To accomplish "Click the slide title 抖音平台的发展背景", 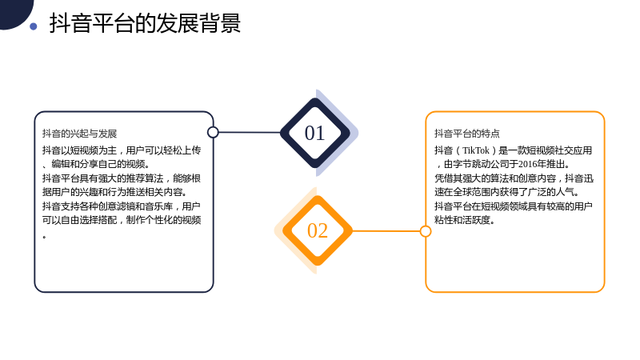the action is pyautogui.click(x=145, y=23).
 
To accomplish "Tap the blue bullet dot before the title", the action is pyautogui.click(x=34, y=26).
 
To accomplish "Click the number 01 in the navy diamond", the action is pyautogui.click(x=314, y=133).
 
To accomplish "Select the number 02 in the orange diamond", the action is pyautogui.click(x=317, y=230).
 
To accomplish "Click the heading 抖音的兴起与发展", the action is pyautogui.click(x=79, y=134).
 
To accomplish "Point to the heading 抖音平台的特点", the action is pyautogui.click(x=467, y=134).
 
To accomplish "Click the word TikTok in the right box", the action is pyautogui.click(x=475, y=150).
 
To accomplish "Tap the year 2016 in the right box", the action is pyautogui.click(x=527, y=164).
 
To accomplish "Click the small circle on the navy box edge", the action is pyautogui.click(x=213, y=132).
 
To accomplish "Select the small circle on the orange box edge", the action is pyautogui.click(x=426, y=231).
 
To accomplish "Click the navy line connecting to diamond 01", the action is pyautogui.click(x=250, y=132).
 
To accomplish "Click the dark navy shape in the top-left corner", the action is pyautogui.click(x=14, y=12).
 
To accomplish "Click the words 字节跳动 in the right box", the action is pyautogui.click(x=471, y=164).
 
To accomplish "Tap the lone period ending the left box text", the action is pyautogui.click(x=44, y=236).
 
